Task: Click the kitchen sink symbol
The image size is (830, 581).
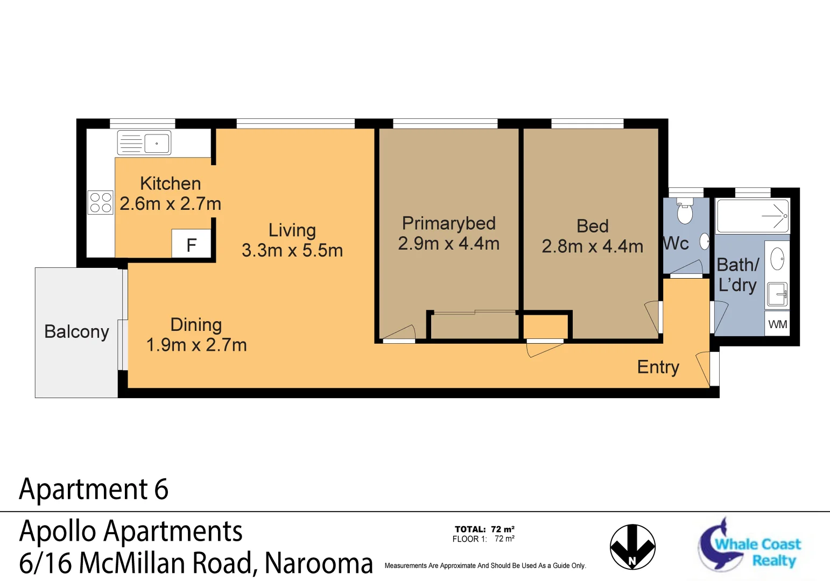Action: click(144, 143)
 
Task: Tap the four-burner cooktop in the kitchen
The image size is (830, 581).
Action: click(101, 203)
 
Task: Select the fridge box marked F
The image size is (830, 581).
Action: click(191, 245)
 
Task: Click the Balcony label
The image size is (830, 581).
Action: click(76, 332)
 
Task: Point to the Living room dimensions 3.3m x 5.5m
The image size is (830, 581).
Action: click(292, 251)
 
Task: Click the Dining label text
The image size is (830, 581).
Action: click(196, 325)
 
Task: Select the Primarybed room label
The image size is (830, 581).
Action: click(448, 223)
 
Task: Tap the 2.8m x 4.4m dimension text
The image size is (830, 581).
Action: click(592, 247)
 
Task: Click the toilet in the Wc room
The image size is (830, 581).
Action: click(685, 212)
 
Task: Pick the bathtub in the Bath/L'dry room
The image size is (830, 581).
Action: click(752, 216)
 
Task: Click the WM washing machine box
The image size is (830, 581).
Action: click(777, 324)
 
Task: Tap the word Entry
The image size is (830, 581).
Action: click(658, 367)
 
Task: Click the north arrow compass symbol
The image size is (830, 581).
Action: click(632, 547)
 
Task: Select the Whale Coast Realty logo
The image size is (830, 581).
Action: click(750, 545)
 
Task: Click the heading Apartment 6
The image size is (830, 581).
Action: click(94, 490)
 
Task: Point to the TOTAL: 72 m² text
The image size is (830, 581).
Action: click(484, 529)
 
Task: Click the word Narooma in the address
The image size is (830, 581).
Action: click(319, 563)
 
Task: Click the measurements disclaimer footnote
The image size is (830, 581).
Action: click(485, 566)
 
